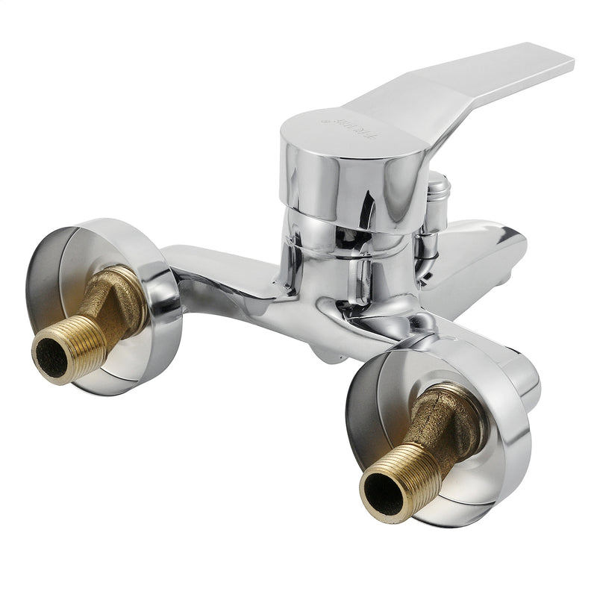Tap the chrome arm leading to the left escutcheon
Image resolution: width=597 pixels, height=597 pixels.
(224, 276)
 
